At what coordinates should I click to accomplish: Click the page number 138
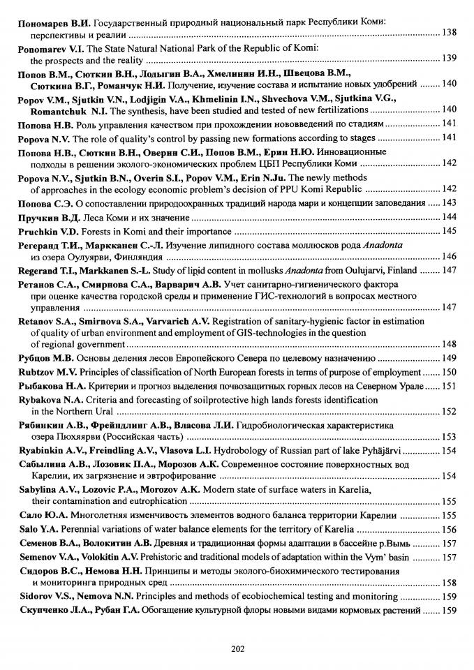tap(450, 33)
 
